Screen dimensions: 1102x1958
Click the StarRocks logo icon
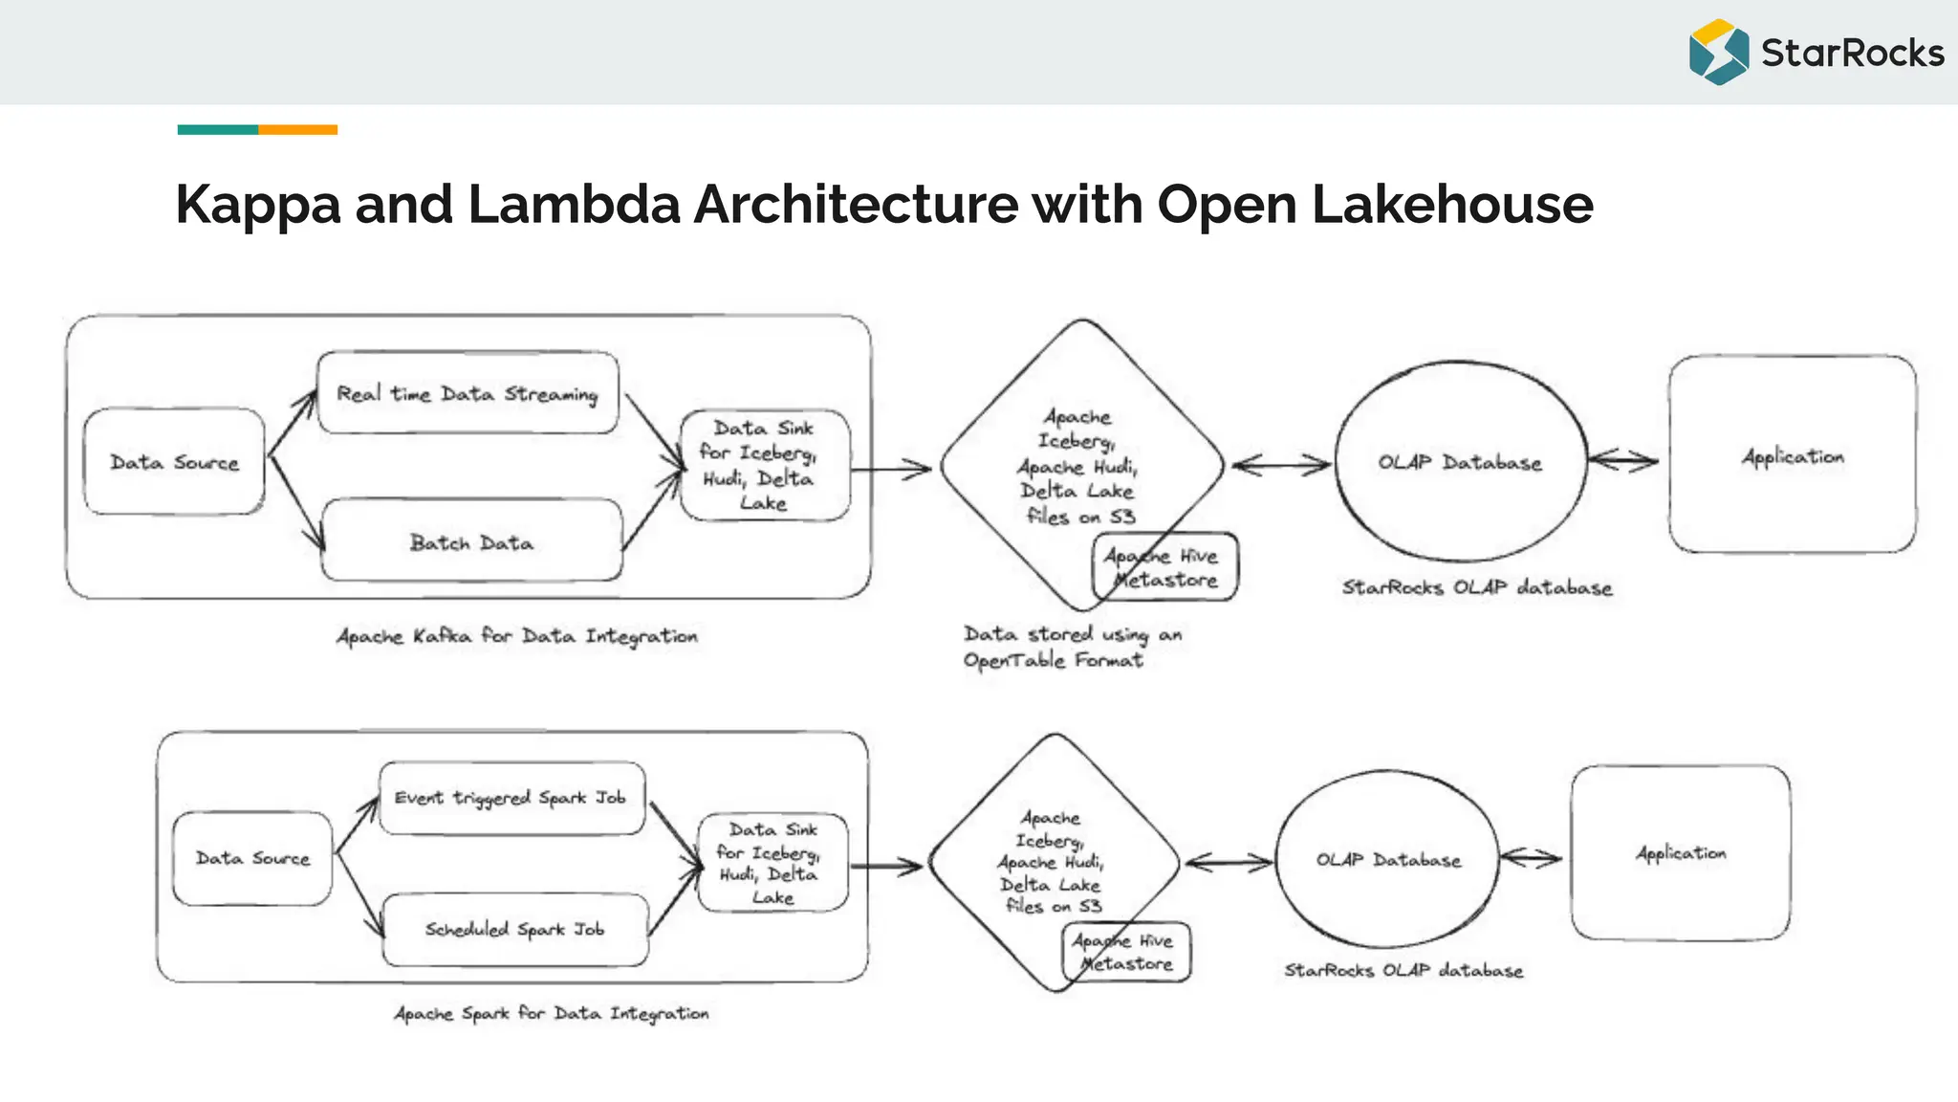tap(1718, 52)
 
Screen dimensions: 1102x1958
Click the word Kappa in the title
tap(258, 205)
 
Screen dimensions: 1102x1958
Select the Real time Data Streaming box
tap(468, 393)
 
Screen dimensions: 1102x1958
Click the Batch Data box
tap(471, 541)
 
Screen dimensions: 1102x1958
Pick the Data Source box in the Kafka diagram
tap(174, 462)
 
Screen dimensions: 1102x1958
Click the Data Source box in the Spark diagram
tap(252, 858)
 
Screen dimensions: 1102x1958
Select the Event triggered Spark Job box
tap(511, 798)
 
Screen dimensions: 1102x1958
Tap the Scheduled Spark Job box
tap(514, 929)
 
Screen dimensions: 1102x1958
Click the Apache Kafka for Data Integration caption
tap(516, 636)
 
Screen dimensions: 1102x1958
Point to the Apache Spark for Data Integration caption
tap(552, 1013)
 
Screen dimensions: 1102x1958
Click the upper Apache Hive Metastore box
tap(1164, 567)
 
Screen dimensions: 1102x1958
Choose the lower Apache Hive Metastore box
tap(1126, 952)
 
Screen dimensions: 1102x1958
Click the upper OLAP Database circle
tap(1460, 462)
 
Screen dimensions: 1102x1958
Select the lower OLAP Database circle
tap(1388, 860)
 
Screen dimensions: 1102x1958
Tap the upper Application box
tap(1793, 455)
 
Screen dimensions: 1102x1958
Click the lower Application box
tap(1681, 852)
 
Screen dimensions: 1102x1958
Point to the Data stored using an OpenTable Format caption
tap(1071, 647)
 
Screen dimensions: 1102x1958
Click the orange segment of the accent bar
tap(297, 129)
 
